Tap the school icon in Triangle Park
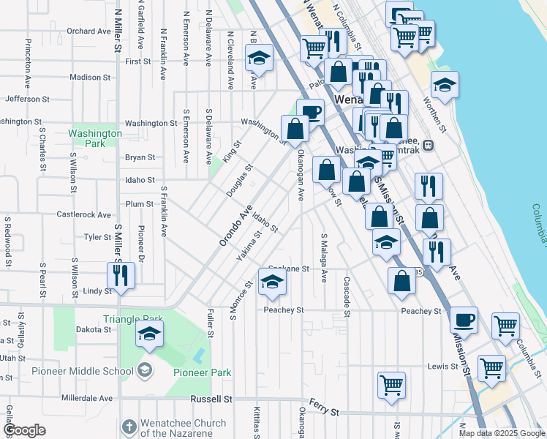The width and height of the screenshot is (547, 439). point(149,334)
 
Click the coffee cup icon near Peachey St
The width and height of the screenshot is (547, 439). point(464,320)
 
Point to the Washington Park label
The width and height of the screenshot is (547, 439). point(94,138)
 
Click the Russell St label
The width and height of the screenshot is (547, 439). point(211,399)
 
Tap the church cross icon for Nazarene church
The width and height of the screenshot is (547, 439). point(129,426)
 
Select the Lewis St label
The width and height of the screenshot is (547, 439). point(437,365)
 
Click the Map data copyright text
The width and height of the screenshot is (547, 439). point(502,433)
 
